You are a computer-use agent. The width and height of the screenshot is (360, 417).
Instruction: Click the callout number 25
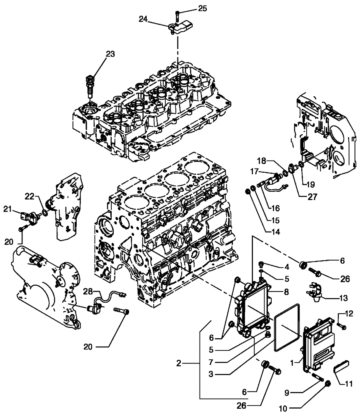coord(201,8)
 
